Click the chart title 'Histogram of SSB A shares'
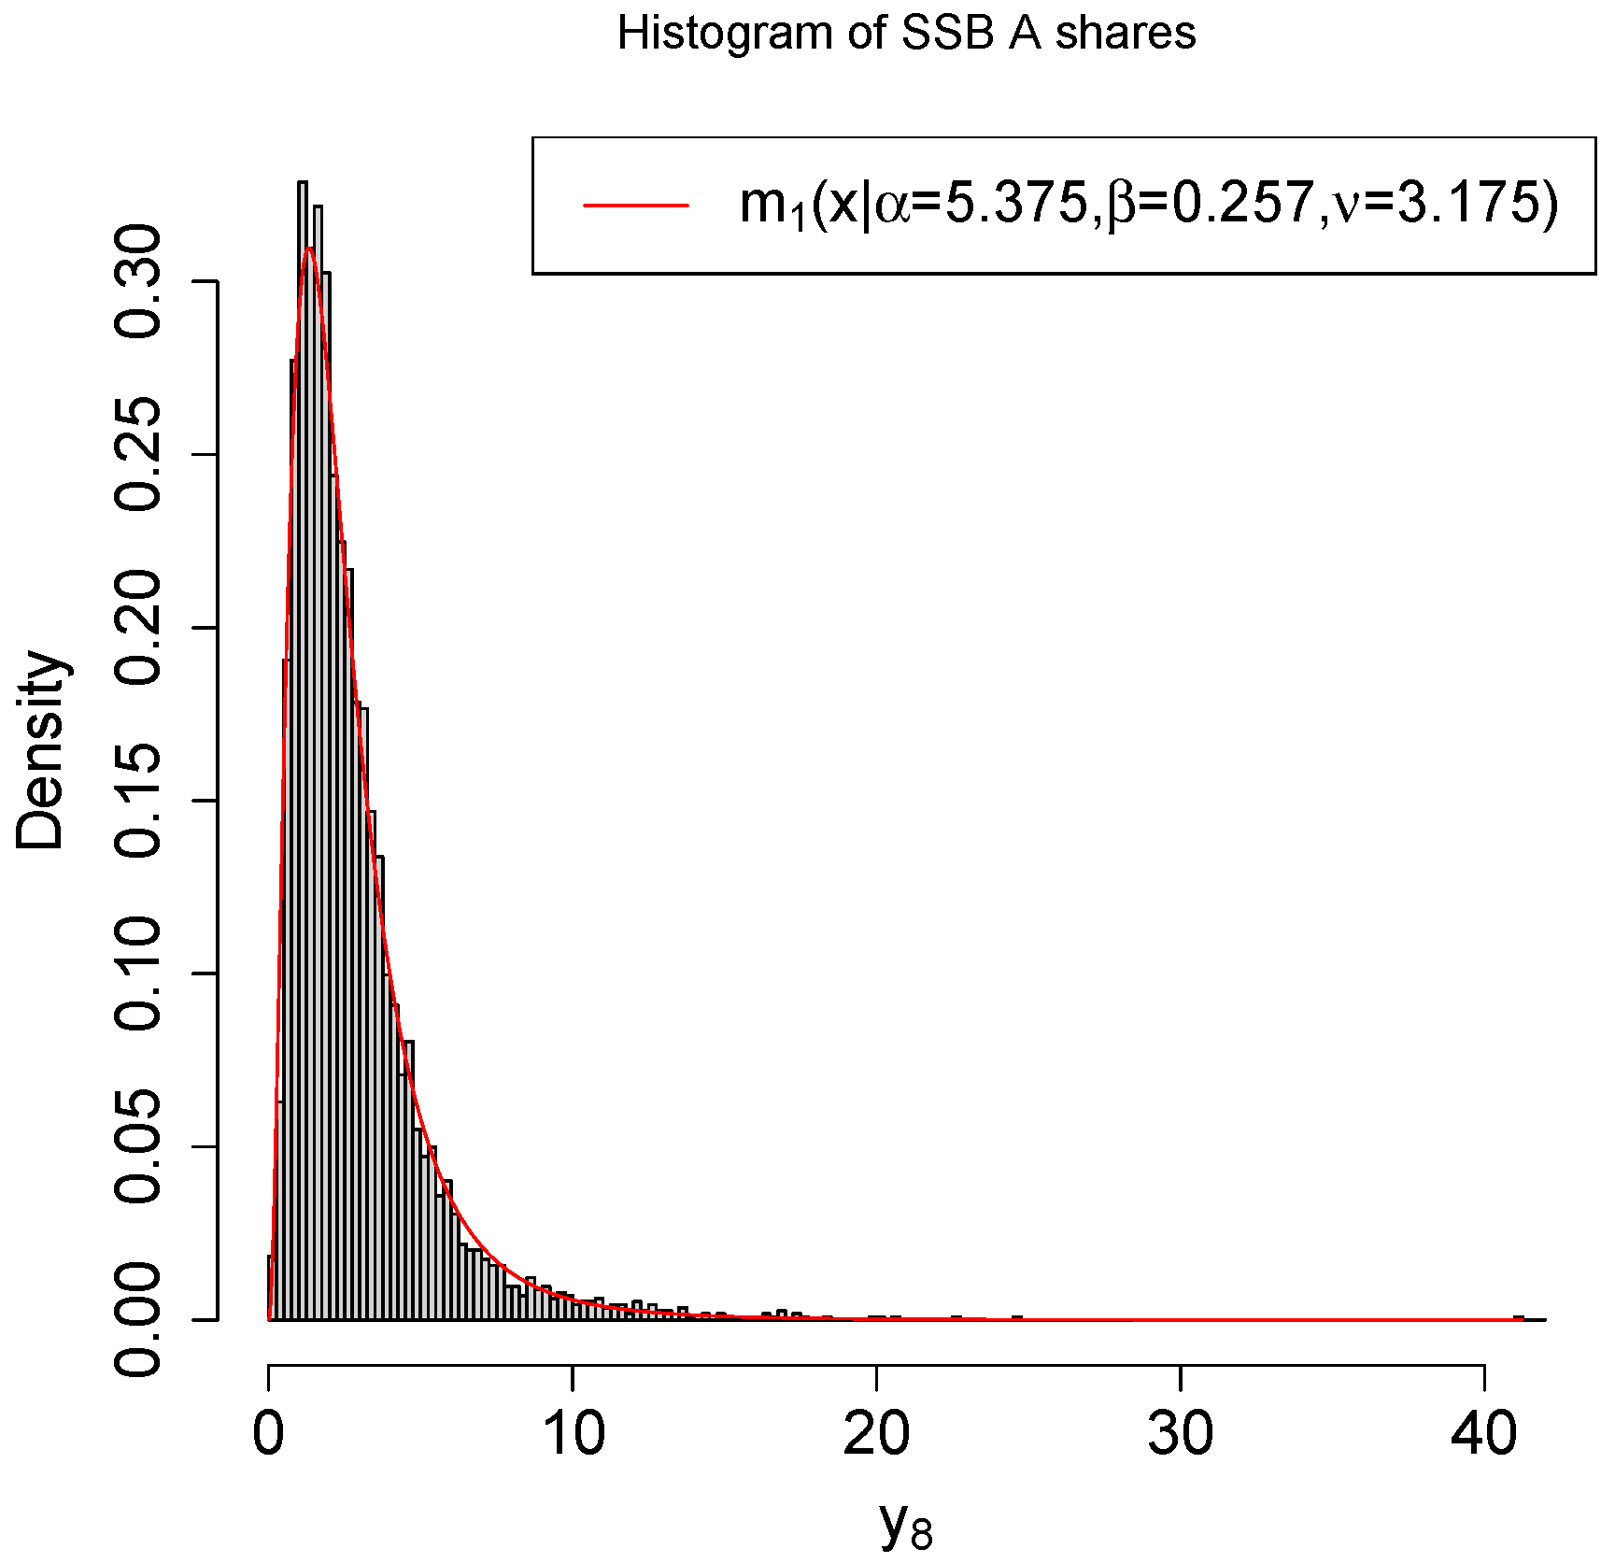(x=906, y=35)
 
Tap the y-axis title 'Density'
(x=39, y=750)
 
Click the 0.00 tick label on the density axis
(x=138, y=1318)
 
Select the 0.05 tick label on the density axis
(x=138, y=1145)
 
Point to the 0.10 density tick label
(x=138, y=973)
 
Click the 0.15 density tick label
(x=138, y=800)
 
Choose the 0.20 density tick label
(x=138, y=627)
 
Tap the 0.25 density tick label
(x=138, y=454)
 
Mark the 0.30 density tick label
(x=138, y=281)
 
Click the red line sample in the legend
(x=636, y=204)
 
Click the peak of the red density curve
(x=309, y=248)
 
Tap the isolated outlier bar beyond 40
(x=1518, y=1317)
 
